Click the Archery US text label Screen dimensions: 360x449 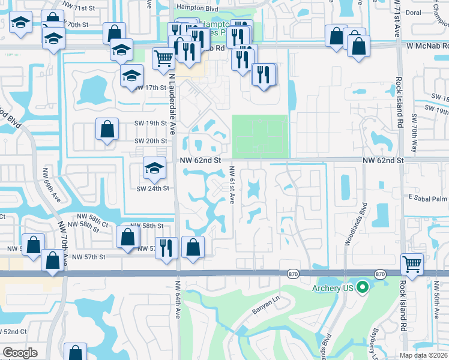[x=333, y=289]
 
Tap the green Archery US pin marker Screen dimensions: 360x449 [x=362, y=289]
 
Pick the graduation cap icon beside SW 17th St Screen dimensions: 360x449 [x=131, y=76]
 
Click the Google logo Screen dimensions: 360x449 [x=20, y=353]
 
